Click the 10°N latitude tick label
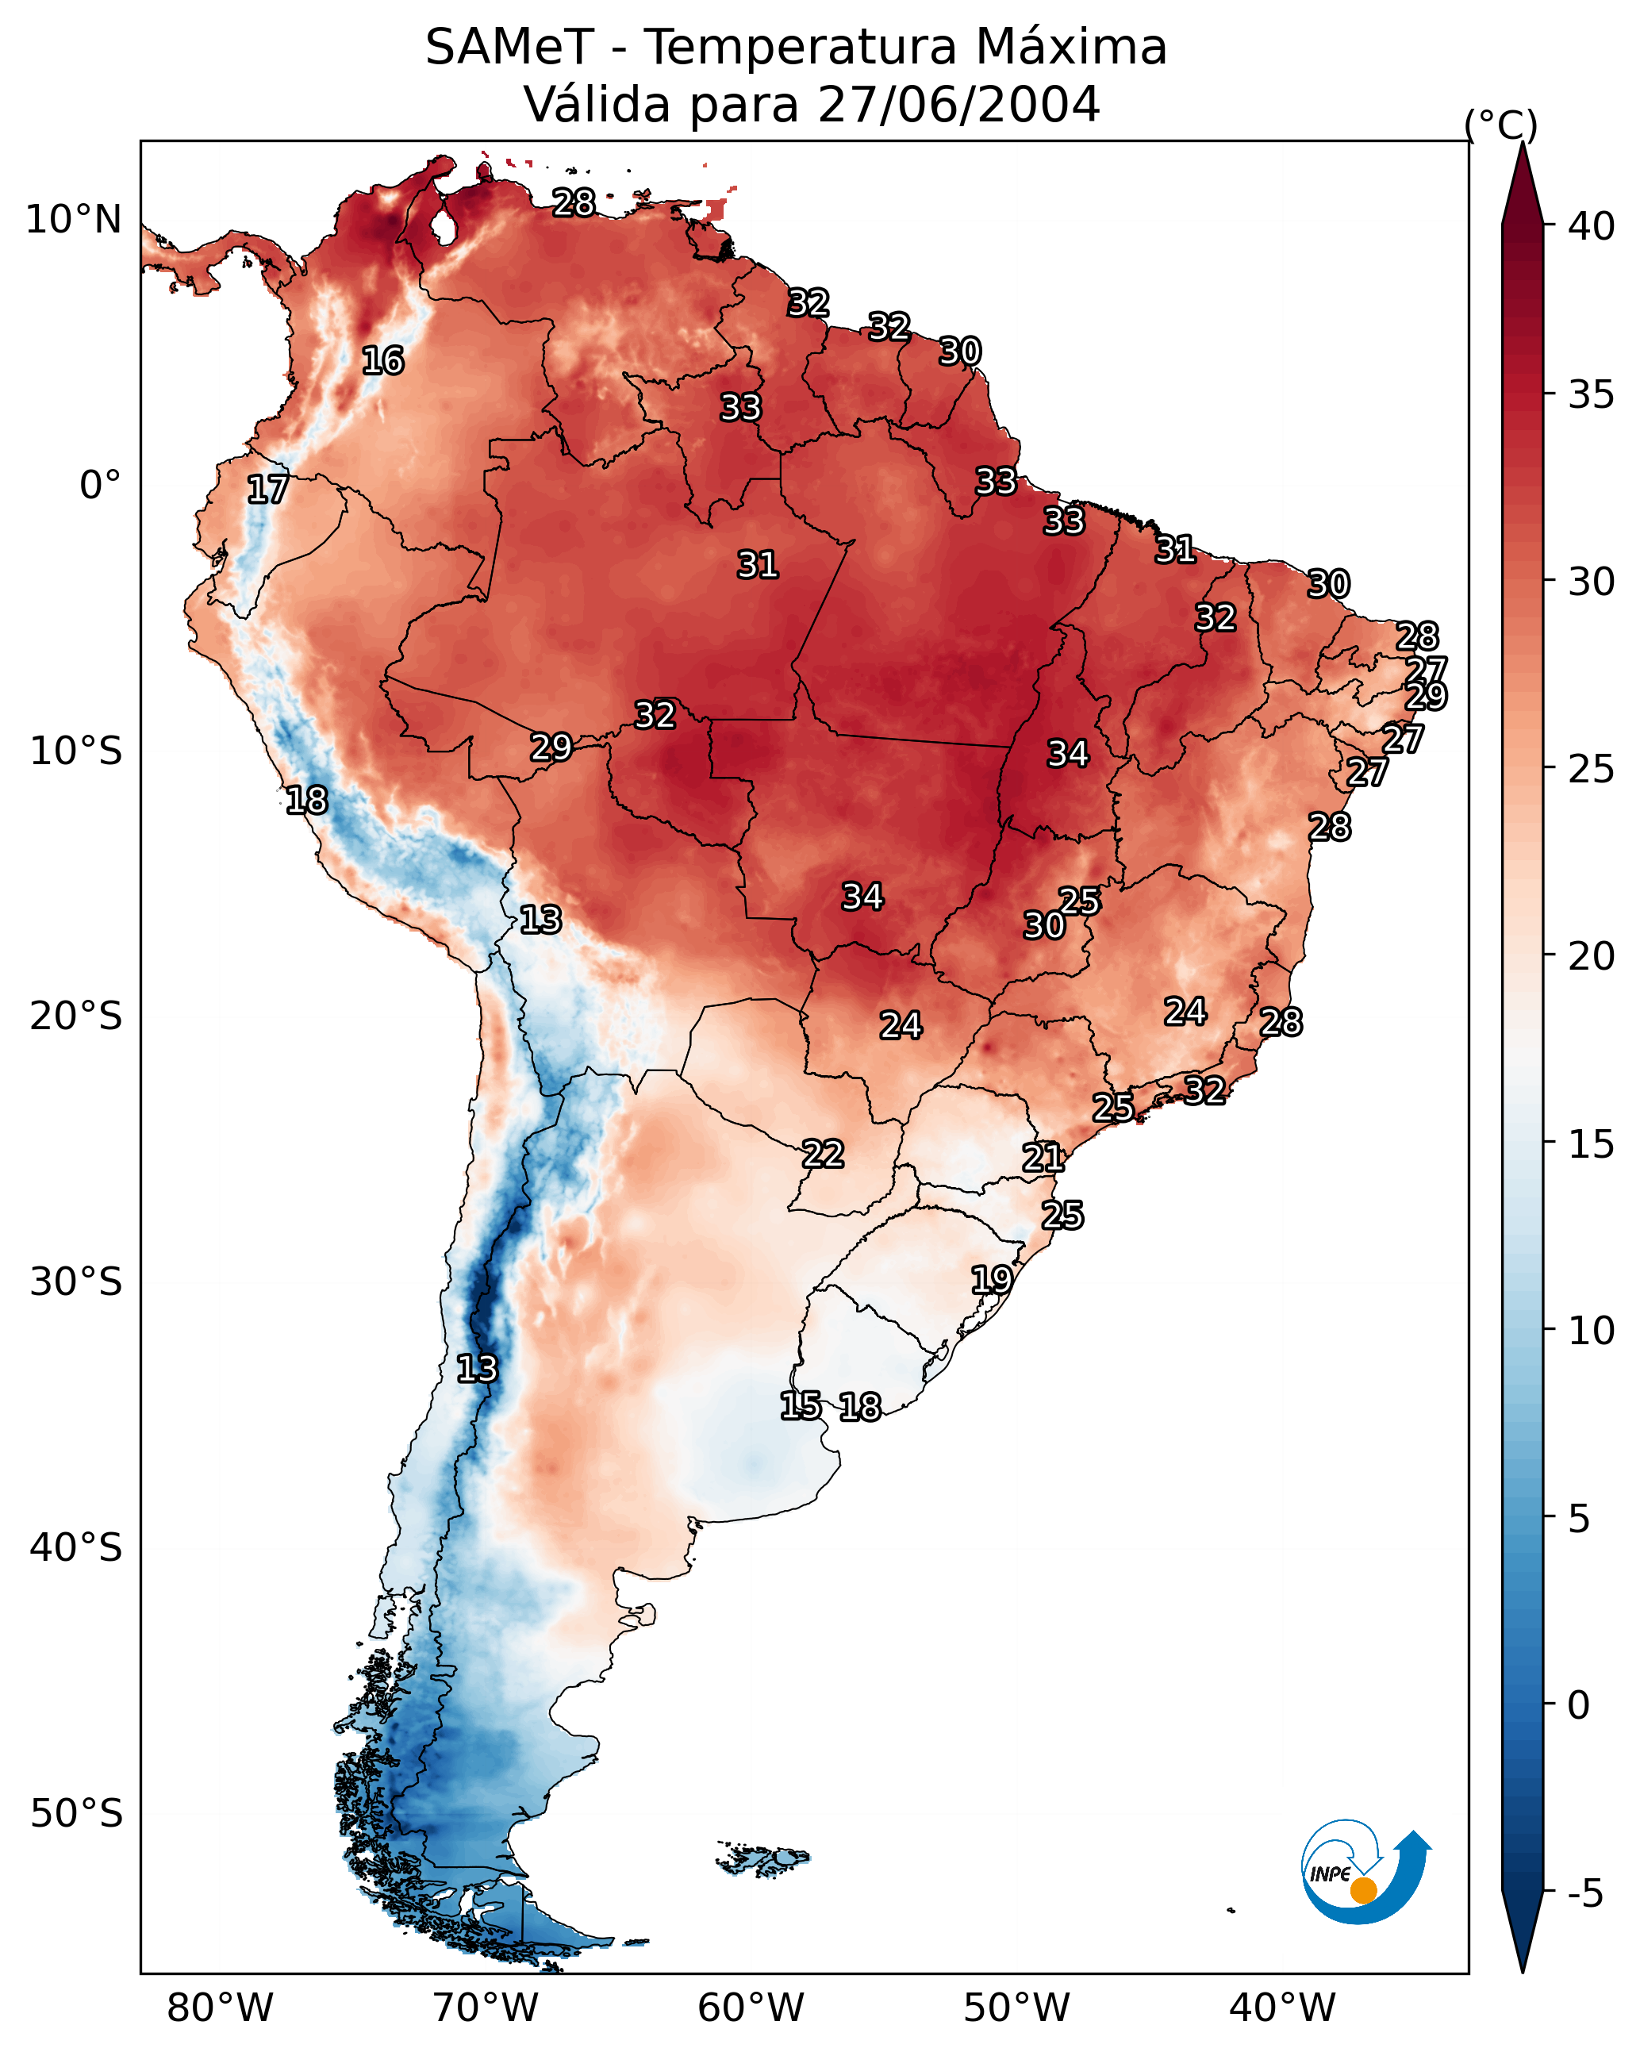(73, 220)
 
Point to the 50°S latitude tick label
(76, 1814)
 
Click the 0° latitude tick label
(100, 486)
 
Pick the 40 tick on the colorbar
(1592, 226)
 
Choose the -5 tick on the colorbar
(1584, 1894)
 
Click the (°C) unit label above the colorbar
(1501, 125)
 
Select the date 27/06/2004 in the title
(958, 105)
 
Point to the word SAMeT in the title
(509, 48)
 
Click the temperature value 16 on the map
(382, 361)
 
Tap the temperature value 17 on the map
(267, 490)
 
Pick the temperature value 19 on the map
(992, 1279)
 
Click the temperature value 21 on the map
(1043, 1158)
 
